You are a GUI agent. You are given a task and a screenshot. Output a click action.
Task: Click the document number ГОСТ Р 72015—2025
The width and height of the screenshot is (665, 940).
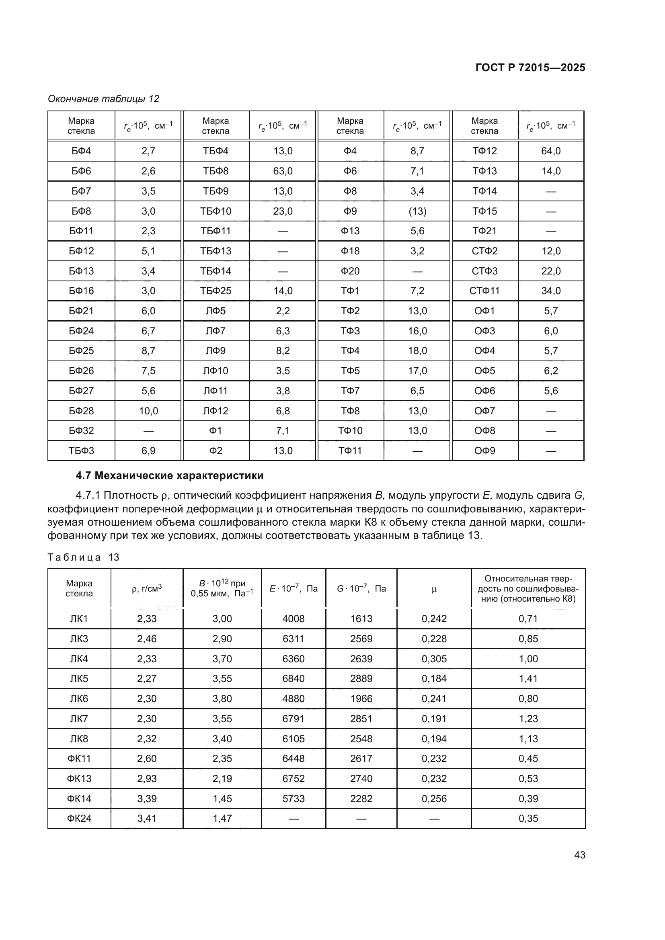click(530, 68)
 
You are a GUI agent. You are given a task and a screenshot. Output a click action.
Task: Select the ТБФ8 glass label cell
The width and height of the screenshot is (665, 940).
click(216, 171)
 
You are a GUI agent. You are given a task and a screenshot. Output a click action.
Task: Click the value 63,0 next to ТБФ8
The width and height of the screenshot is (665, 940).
click(283, 171)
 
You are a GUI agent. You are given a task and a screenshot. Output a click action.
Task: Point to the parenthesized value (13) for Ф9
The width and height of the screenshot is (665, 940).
click(417, 211)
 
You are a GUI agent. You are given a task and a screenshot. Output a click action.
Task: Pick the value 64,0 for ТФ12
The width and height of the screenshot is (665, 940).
click(551, 151)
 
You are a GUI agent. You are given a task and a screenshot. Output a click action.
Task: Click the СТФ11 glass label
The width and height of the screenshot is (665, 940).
click(484, 291)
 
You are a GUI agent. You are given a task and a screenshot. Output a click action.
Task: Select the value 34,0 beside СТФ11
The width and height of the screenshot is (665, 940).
click(551, 291)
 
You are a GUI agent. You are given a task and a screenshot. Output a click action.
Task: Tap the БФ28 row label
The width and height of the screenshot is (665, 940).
click(81, 411)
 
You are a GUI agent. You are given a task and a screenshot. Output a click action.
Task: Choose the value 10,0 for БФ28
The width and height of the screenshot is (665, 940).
click(148, 411)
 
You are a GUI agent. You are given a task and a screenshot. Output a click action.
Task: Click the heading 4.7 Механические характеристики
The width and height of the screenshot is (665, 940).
click(170, 476)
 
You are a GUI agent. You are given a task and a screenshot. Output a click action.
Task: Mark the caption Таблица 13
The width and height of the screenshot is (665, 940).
click(83, 557)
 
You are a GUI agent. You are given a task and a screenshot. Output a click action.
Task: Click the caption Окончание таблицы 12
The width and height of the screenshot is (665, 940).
click(103, 99)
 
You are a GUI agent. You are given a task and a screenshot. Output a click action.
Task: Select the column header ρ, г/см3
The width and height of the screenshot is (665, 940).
click(147, 589)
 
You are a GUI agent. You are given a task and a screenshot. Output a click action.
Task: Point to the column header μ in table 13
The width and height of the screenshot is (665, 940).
click(434, 589)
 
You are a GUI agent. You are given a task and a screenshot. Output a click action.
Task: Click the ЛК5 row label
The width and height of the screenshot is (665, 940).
click(79, 679)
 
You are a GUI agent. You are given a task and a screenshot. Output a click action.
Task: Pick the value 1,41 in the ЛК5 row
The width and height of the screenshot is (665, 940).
click(528, 679)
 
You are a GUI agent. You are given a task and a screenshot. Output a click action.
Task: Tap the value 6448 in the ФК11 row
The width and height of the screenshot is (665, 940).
click(293, 759)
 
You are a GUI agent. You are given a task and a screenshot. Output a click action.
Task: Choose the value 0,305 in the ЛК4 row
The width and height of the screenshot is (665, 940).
click(434, 659)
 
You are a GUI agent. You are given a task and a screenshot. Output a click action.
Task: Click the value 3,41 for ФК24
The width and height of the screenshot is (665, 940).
click(147, 818)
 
